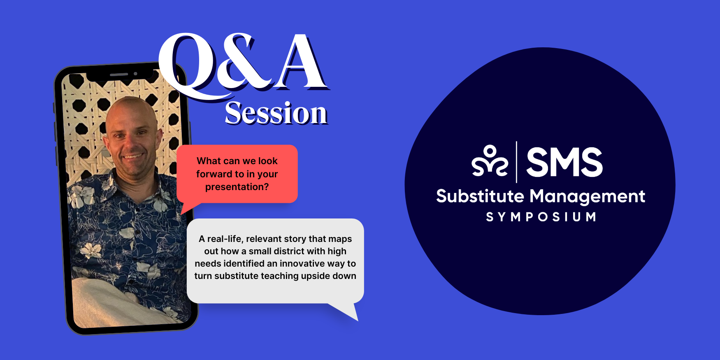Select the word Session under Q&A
click(x=276, y=113)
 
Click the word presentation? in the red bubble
click(x=237, y=187)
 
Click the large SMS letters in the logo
click(x=564, y=162)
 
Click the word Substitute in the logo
click(x=480, y=196)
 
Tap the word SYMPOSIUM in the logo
click(x=541, y=217)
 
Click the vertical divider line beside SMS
click(x=517, y=162)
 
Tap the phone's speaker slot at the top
click(x=119, y=74)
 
